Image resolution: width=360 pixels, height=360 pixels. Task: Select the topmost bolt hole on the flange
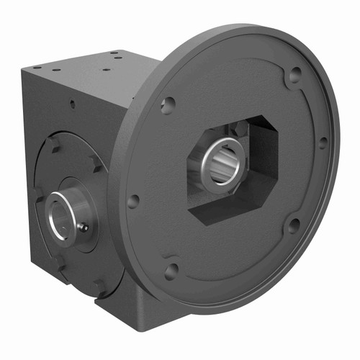pyautogui.click(x=294, y=73)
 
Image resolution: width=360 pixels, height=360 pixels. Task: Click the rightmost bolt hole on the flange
pyautogui.click(x=323, y=142)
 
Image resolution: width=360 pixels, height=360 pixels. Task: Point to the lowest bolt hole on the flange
pyautogui.click(x=171, y=271)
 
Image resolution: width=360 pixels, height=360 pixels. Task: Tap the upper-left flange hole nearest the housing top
pyautogui.click(x=167, y=106)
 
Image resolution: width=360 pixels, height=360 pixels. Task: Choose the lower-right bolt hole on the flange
pyautogui.click(x=294, y=225)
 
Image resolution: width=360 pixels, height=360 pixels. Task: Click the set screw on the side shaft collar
pyautogui.click(x=84, y=228)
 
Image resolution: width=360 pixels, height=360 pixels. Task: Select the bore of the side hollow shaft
pyautogui.click(x=58, y=215)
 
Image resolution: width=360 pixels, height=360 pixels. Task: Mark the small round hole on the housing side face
pyautogui.click(x=72, y=104)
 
